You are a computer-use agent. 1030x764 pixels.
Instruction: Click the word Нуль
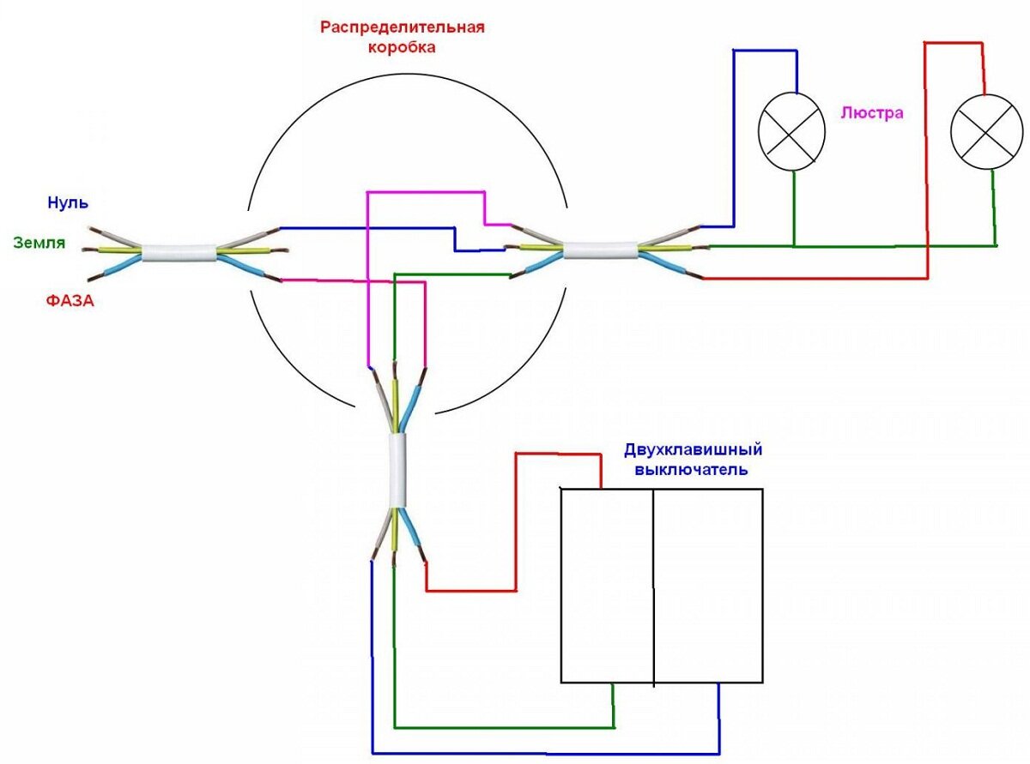pos(68,203)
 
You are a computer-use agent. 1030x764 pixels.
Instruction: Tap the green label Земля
pos(39,244)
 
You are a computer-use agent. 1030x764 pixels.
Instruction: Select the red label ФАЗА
pos(70,301)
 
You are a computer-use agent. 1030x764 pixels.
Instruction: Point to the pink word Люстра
pos(872,113)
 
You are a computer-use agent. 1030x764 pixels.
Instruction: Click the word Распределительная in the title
pos(403,27)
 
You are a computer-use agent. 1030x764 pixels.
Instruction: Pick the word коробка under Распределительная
pos(402,47)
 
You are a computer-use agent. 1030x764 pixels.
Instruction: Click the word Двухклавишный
pos(694,450)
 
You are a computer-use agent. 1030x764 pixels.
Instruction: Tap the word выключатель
pos(691,470)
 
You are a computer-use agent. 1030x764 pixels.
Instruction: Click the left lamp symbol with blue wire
pos(791,132)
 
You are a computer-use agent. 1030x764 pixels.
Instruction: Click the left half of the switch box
pos(607,586)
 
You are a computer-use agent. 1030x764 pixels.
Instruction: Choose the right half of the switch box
pos(708,586)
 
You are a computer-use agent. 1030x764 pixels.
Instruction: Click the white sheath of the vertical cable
pos(397,471)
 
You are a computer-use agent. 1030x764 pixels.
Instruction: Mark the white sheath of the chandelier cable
pos(600,250)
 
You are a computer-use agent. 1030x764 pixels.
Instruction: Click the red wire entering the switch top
pos(558,453)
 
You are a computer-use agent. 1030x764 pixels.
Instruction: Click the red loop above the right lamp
pos(953,42)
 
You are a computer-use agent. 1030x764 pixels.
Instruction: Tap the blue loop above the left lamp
pos(764,51)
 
